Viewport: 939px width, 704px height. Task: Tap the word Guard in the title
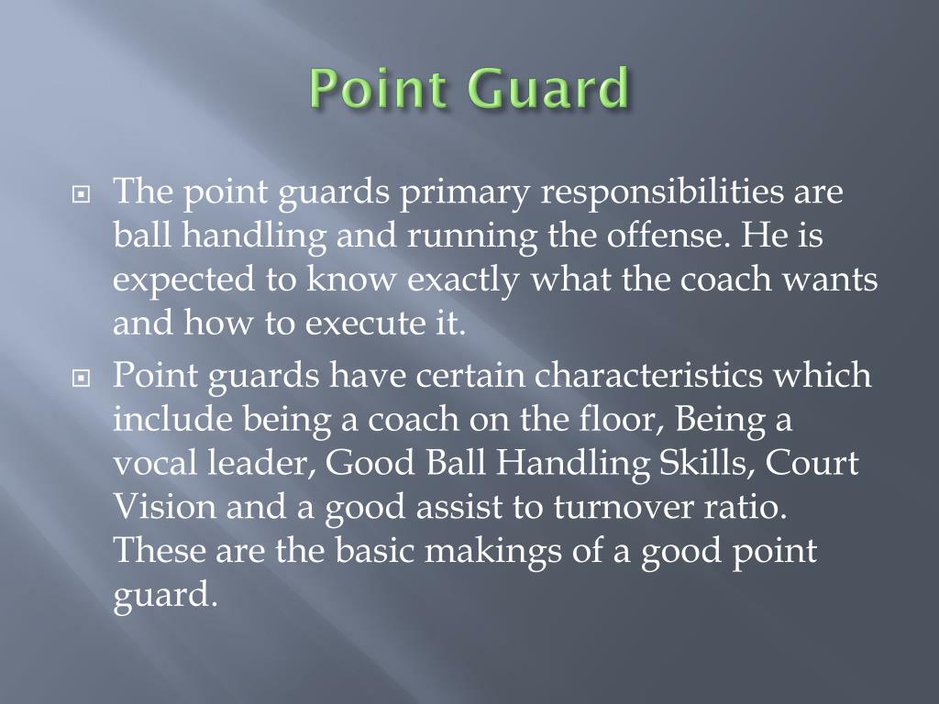pyautogui.click(x=549, y=91)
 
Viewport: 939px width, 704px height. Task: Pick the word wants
pyautogui.click(x=834, y=280)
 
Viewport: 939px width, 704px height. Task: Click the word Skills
pyautogui.click(x=702, y=463)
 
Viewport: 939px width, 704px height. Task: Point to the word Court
pyautogui.click(x=814, y=463)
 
